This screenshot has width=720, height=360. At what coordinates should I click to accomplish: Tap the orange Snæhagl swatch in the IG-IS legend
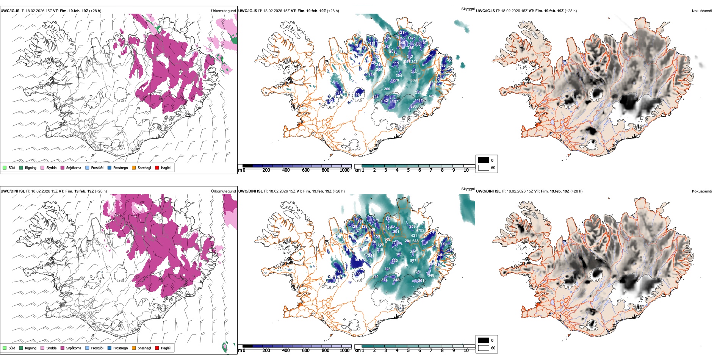pos(134,167)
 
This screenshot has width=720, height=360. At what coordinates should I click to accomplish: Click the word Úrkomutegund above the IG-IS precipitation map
pos(223,11)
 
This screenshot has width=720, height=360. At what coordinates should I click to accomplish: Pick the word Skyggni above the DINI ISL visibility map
pos(468,189)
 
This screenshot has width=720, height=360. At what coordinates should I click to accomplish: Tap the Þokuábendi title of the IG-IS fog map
pos(702,11)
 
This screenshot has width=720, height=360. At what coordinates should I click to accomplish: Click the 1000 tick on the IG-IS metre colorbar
pos(344,170)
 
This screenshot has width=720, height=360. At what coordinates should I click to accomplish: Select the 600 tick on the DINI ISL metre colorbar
pos(306,351)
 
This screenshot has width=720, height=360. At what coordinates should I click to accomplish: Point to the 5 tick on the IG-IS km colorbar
pos(408,170)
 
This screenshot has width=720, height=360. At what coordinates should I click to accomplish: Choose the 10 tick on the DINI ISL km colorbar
pos(466,351)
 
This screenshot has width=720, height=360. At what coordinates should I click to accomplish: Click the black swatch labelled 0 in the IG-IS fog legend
pos(484,160)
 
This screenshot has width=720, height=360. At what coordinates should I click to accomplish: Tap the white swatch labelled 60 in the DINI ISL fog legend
pos(484,348)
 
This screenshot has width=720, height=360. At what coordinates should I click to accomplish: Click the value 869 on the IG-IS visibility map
pos(413,80)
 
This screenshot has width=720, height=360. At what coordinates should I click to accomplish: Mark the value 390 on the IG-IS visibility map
pos(413,106)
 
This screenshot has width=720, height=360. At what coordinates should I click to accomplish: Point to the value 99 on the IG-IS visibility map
pos(357,95)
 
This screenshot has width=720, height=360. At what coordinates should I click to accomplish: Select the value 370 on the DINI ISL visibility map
pos(375,277)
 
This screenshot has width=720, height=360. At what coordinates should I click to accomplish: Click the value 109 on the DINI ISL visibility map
pos(357,274)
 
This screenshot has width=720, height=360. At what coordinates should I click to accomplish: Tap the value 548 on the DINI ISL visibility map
pos(431,275)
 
